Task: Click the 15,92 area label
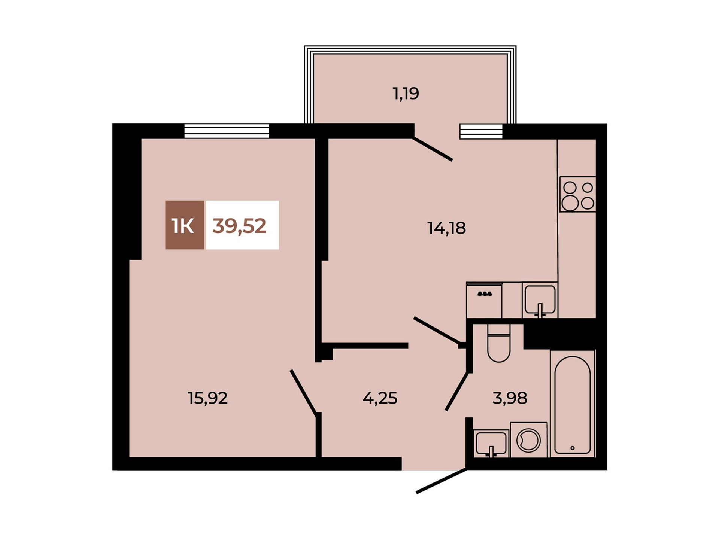point(207,398)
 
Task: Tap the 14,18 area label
point(446,228)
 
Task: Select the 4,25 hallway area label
point(380,398)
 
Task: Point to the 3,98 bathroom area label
point(510,398)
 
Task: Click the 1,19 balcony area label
point(406,94)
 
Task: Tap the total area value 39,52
point(239,226)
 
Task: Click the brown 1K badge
point(185,225)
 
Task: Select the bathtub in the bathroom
point(573,404)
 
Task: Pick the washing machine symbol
point(529,440)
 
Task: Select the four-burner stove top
point(578,195)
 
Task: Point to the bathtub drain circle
point(572,448)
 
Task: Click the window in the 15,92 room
point(227,131)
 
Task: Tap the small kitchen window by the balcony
point(481,131)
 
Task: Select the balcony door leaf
point(433,149)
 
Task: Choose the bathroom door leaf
point(457,391)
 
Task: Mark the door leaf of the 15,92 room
point(304,392)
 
